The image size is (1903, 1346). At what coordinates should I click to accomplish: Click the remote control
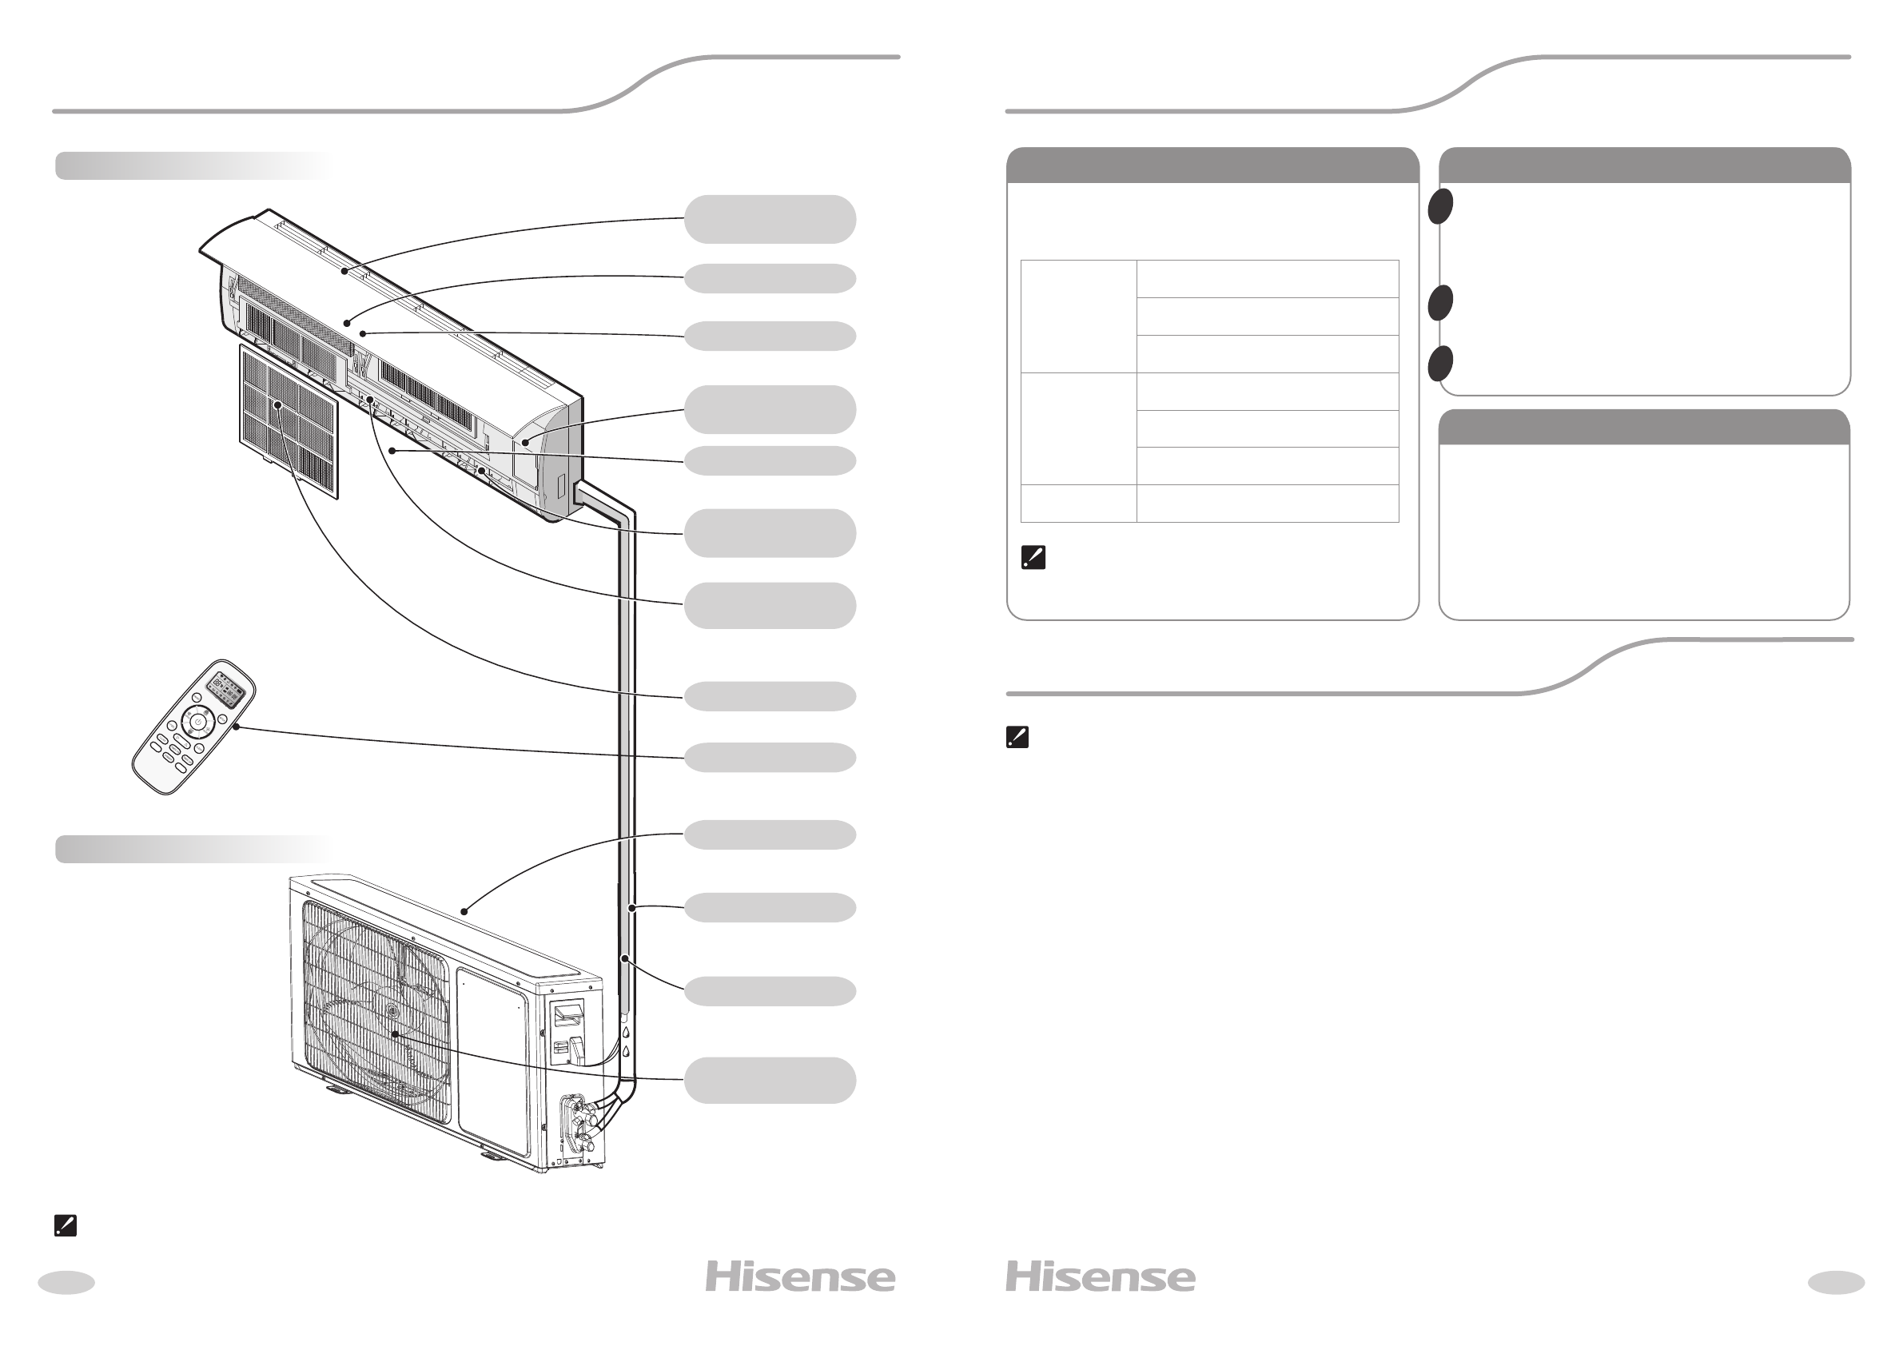click(x=193, y=727)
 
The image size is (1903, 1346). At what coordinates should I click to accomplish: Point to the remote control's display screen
click(x=228, y=690)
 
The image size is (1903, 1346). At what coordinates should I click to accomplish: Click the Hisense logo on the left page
click(x=800, y=1277)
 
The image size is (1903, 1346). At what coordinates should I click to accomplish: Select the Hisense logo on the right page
click(x=1100, y=1277)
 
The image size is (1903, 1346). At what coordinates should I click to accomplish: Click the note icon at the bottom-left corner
click(x=66, y=1226)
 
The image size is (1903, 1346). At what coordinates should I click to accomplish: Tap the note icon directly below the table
click(x=1033, y=558)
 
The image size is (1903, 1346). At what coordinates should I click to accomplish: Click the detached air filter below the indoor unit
click(x=289, y=421)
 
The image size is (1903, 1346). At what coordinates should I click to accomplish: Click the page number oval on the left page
click(x=66, y=1282)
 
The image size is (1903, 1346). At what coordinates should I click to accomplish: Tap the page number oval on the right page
click(x=1836, y=1282)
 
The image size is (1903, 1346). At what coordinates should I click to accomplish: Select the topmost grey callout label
click(x=770, y=220)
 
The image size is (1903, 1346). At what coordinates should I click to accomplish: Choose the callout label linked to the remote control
click(x=770, y=758)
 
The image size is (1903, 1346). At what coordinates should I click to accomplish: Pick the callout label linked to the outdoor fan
click(x=770, y=1080)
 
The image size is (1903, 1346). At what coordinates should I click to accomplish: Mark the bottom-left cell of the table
click(x=1078, y=503)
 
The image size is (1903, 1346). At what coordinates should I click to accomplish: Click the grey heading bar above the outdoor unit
click(x=193, y=850)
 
